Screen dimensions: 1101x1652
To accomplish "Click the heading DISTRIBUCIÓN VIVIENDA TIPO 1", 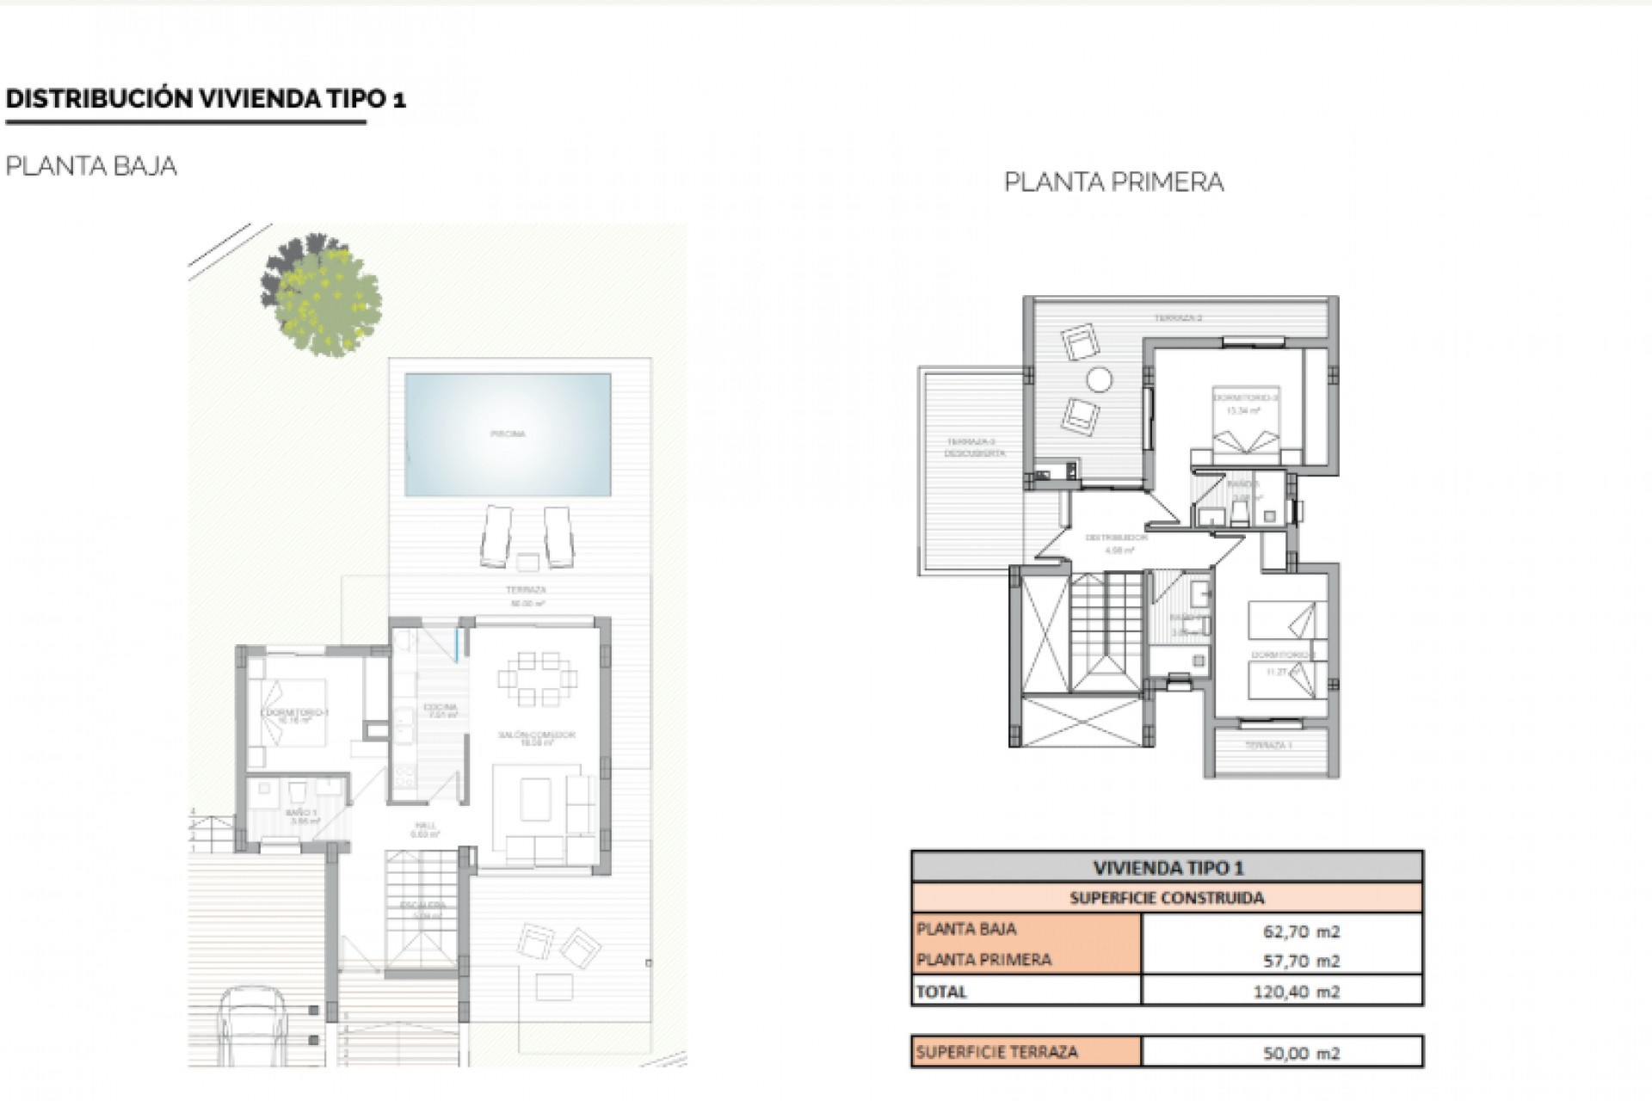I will coord(205,99).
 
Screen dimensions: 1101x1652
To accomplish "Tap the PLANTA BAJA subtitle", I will coord(91,166).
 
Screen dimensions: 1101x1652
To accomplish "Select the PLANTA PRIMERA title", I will coord(1113,182).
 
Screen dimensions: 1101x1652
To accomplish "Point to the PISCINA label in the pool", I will coord(508,434).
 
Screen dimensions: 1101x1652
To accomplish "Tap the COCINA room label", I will coord(440,708).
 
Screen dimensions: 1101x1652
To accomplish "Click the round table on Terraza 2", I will coord(1098,379).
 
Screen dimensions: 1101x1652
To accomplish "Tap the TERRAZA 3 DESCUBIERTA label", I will coord(975,447).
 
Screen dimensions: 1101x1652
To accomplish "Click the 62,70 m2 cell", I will coord(1301,931).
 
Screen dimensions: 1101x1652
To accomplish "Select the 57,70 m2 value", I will coord(1301,961).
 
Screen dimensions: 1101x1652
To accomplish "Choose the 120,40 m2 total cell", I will coord(1296,992).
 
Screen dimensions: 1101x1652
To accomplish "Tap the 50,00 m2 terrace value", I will coord(1301,1053).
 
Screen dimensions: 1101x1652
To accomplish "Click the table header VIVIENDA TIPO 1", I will coord(1167,868).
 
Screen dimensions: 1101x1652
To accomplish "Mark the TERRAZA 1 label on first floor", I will coord(1268,745).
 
